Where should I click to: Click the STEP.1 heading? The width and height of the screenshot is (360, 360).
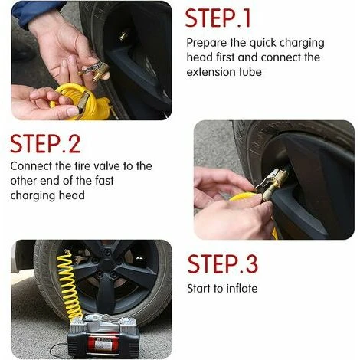point(218,18)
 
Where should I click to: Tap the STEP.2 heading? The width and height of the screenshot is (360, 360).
point(45,144)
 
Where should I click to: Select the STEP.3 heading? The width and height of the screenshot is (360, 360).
point(223,264)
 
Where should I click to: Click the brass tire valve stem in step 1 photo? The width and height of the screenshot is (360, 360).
point(124,36)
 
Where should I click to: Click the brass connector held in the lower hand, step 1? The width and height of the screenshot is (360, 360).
point(83,102)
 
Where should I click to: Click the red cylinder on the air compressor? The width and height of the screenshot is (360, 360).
point(103,343)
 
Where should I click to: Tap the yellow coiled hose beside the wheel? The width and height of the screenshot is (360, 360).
point(70,283)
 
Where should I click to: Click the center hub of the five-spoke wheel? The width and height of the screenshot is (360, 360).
point(107,264)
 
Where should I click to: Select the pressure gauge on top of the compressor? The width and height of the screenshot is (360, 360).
point(91,319)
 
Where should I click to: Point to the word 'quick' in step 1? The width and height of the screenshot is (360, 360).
point(263,44)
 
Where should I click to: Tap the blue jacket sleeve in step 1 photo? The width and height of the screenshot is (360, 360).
point(36,11)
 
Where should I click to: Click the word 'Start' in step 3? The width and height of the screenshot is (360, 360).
point(198,289)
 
